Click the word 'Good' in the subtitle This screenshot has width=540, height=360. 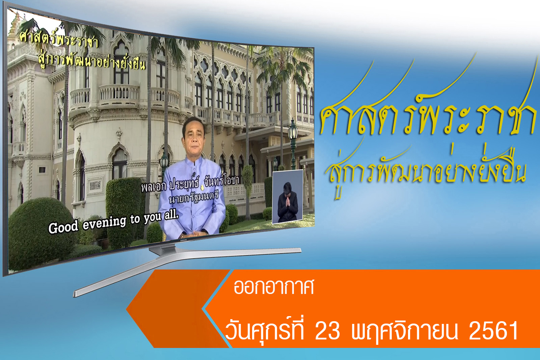click(x=63, y=226)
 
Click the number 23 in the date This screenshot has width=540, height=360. click(x=327, y=331)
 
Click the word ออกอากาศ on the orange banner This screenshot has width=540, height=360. click(x=274, y=287)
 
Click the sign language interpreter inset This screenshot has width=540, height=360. click(x=287, y=197)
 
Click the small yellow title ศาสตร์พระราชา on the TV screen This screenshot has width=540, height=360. click(x=59, y=40)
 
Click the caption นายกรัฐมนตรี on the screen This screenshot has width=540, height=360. click(x=194, y=198)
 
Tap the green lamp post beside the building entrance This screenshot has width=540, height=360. click(x=293, y=145)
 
